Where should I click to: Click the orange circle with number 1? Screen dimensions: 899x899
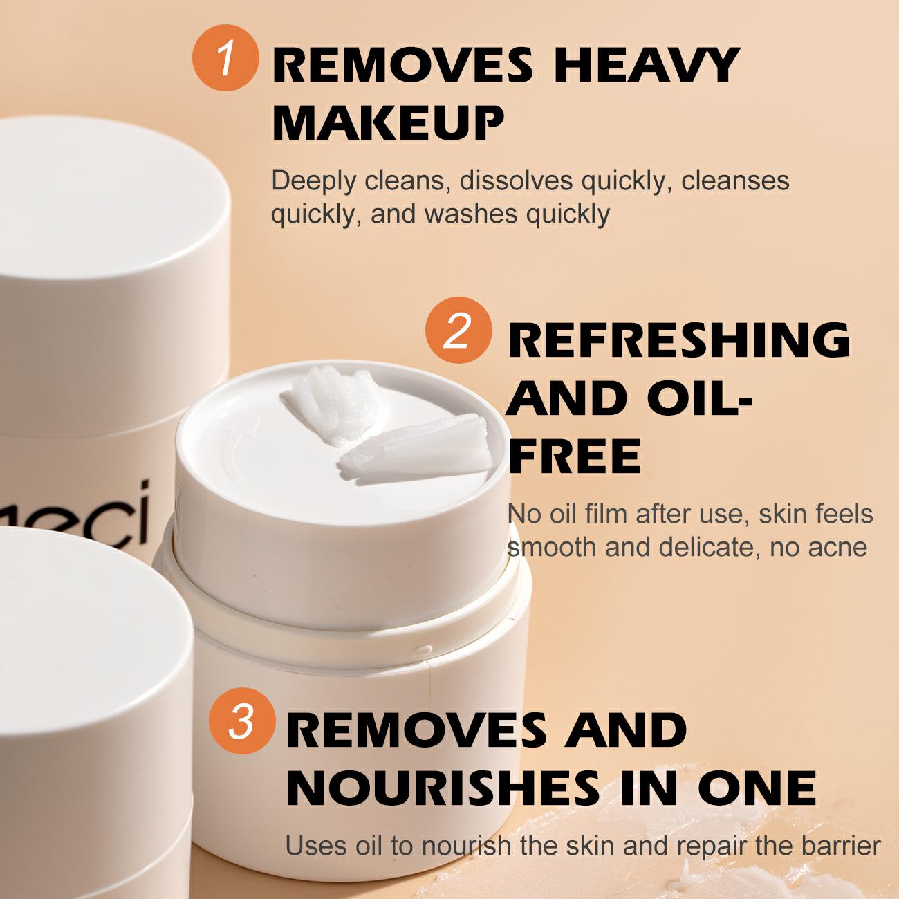225,57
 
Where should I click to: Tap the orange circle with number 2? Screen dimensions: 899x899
458,330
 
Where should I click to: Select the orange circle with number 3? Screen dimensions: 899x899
242,721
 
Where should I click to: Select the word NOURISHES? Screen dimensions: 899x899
442,787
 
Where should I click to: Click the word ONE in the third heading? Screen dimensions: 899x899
757,787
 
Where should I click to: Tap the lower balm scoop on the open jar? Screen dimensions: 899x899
415,449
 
